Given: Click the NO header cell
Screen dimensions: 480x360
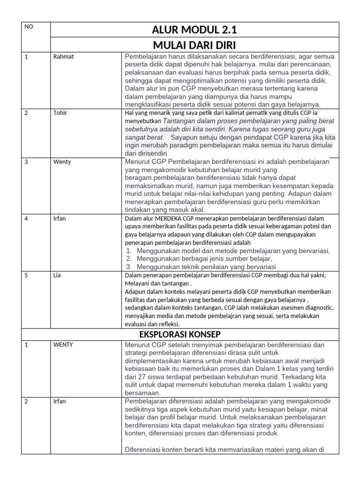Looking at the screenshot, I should (x=29, y=27).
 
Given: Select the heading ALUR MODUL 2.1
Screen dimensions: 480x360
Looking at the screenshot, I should (x=194, y=30).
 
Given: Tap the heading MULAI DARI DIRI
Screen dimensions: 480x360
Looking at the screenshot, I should (x=194, y=45).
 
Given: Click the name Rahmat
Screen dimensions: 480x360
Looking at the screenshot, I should (x=64, y=57).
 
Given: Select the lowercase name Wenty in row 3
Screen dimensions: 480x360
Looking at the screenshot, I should (x=62, y=162).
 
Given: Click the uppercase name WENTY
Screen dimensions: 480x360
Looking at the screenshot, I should (x=64, y=345).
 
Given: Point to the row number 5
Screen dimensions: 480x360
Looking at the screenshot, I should (x=26, y=275).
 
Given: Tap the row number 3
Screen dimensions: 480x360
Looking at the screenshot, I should (x=26, y=162).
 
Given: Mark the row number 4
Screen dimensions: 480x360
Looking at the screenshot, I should (x=26, y=218).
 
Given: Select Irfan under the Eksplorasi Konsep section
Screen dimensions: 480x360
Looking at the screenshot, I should (x=60, y=401).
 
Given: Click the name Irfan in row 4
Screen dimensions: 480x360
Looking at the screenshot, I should (x=60, y=218).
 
